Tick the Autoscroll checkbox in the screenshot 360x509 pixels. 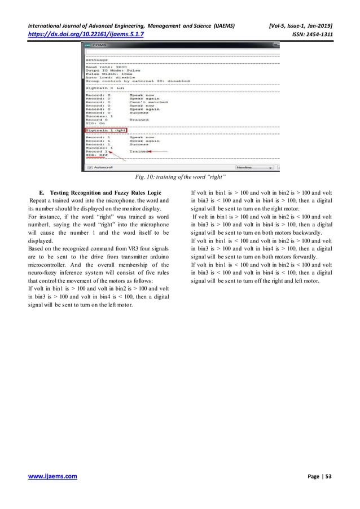tap(89, 168)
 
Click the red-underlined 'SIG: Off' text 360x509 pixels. tap(96, 155)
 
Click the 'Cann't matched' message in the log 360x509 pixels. tap(148, 102)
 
